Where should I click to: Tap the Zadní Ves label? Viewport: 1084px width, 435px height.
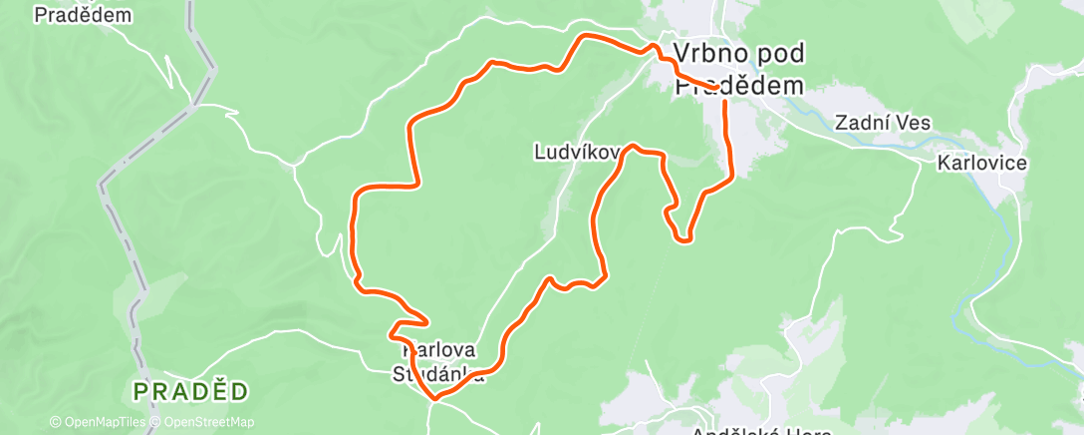coord(883,124)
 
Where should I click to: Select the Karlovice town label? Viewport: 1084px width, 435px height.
coord(981,163)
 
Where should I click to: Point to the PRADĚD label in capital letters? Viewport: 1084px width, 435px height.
coord(189,390)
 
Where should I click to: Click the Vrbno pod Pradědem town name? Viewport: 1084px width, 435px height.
coord(738,69)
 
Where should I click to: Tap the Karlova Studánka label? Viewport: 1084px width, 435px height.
coord(439,363)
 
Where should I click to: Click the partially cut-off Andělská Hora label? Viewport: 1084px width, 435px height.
coord(758,429)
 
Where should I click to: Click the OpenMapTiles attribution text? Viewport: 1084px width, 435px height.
coord(104,422)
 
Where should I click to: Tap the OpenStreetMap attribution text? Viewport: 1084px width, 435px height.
coord(208,422)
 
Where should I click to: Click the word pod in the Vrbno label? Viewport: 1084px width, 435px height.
coord(781,53)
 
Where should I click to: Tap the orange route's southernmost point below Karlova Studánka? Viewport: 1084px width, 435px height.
coord(434,398)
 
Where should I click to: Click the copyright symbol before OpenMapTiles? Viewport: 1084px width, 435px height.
coord(55,422)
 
